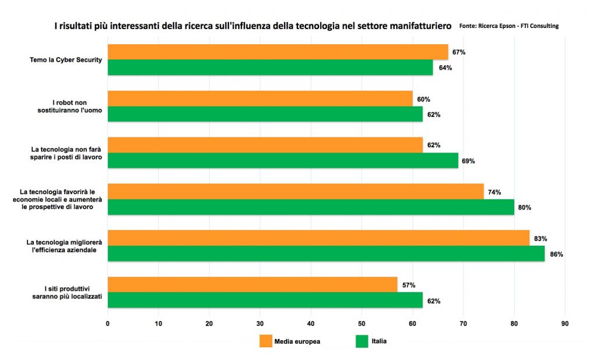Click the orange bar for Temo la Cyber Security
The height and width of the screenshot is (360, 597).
tap(278, 52)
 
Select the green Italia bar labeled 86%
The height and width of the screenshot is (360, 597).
tap(326, 253)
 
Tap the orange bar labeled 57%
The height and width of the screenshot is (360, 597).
tap(252, 285)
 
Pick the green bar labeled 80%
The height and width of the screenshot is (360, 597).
tap(311, 207)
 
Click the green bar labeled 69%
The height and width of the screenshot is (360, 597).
tap(283, 160)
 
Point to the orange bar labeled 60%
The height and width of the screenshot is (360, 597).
tap(260, 98)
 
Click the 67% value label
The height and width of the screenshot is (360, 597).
tap(459, 52)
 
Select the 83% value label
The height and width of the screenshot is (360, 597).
tap(540, 239)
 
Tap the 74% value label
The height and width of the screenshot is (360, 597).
tap(494, 192)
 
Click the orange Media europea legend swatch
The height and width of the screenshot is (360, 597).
tap(266, 341)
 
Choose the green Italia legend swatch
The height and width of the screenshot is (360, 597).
tap(361, 341)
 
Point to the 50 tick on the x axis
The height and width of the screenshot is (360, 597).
tap(361, 323)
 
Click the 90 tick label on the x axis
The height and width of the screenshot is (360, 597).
tap(565, 323)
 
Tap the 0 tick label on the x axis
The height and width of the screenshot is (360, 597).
tap(108, 323)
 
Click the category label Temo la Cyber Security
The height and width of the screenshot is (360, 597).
tap(66, 60)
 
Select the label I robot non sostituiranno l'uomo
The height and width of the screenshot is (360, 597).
tap(70, 106)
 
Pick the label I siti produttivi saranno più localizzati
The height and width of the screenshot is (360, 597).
tap(67, 292)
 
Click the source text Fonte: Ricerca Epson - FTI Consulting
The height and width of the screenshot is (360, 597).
tap(508, 26)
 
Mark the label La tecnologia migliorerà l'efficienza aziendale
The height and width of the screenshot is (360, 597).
tap(64, 246)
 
